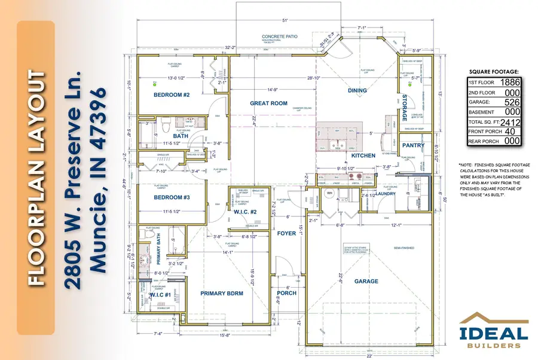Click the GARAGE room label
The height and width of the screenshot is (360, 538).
366,280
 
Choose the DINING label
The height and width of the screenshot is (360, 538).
356,90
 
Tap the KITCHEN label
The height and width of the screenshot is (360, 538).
363,155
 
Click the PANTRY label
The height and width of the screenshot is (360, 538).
414,145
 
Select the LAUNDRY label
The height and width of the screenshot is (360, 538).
375,193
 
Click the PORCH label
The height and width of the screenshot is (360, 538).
286,294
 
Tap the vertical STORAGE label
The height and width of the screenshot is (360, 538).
405,108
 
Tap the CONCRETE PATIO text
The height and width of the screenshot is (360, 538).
280,37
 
